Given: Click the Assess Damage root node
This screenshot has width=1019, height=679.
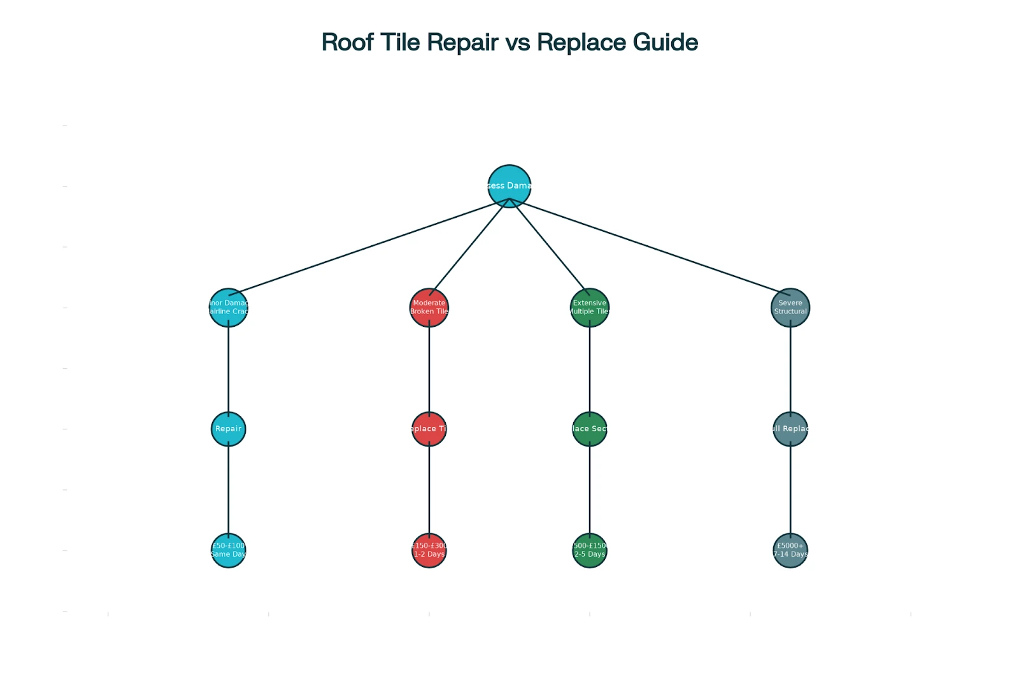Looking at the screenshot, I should click(509, 186).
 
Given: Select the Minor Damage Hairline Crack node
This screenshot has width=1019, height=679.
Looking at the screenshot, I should click(228, 308).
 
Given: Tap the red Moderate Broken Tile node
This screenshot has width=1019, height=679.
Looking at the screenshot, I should click(429, 308).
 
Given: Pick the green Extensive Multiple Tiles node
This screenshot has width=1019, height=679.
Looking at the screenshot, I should click(589, 308).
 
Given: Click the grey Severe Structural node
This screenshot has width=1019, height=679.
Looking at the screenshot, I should click(790, 308).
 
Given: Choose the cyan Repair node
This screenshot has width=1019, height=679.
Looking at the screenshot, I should click(228, 429).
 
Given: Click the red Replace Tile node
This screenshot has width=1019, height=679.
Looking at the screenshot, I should click(429, 429).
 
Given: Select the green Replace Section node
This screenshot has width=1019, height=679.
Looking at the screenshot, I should click(589, 429).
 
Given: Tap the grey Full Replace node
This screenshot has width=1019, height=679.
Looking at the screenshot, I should click(790, 429).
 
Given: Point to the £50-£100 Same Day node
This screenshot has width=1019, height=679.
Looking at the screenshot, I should click(228, 550).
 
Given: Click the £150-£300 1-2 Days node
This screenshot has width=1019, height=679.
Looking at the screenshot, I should click(429, 550).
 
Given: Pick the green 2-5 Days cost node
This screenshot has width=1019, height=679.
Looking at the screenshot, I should click(589, 550).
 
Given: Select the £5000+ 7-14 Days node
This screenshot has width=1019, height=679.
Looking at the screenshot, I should click(790, 550).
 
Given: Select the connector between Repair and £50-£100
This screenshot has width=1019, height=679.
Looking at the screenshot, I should click(228, 489).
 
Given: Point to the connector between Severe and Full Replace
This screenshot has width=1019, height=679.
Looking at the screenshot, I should click(790, 368).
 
